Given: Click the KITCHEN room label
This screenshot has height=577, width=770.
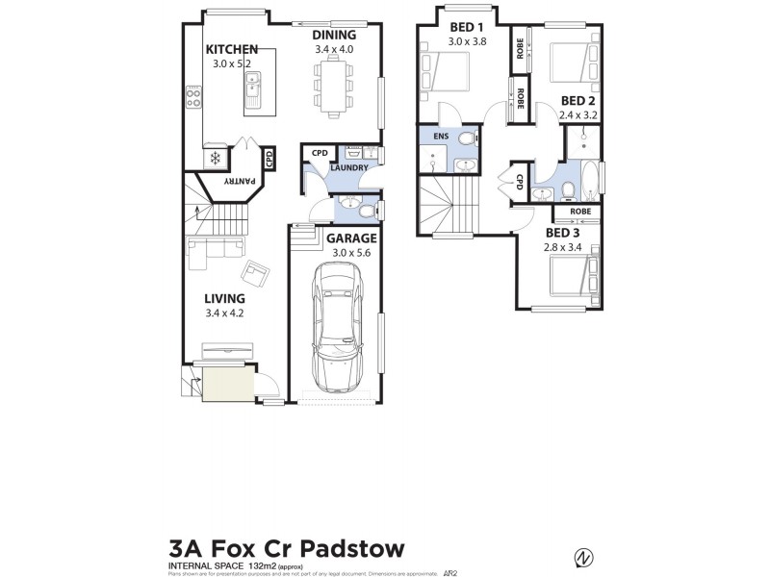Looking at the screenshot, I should pyautogui.click(x=231, y=48).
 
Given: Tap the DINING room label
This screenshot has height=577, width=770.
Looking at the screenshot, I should pyautogui.click(x=334, y=35).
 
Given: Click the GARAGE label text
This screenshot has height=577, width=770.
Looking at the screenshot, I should pyautogui.click(x=350, y=238).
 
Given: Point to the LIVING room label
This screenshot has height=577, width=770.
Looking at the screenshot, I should pyautogui.click(x=224, y=299).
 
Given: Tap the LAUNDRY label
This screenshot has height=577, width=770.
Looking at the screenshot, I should pyautogui.click(x=347, y=168).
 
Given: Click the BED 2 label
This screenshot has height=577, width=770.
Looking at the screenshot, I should pyautogui.click(x=578, y=101).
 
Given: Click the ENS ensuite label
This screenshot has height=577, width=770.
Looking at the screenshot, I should pyautogui.click(x=441, y=138).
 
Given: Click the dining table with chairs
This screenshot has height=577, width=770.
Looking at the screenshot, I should pyautogui.click(x=333, y=82).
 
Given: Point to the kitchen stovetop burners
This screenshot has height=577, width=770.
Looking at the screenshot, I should pyautogui.click(x=192, y=97).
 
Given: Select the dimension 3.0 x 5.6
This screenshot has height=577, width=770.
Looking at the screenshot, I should pyautogui.click(x=350, y=253).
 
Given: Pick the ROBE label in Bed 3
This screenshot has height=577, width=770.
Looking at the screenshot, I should pyautogui.click(x=579, y=212).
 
